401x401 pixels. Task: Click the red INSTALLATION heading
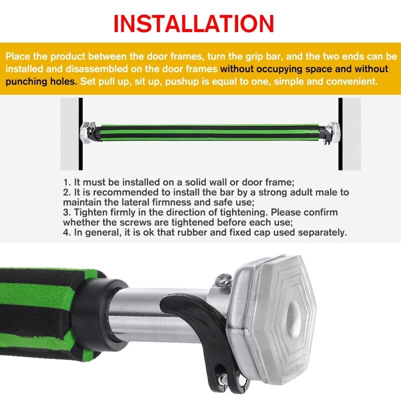coord(193,24)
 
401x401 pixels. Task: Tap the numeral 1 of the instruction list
coord(66,182)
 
